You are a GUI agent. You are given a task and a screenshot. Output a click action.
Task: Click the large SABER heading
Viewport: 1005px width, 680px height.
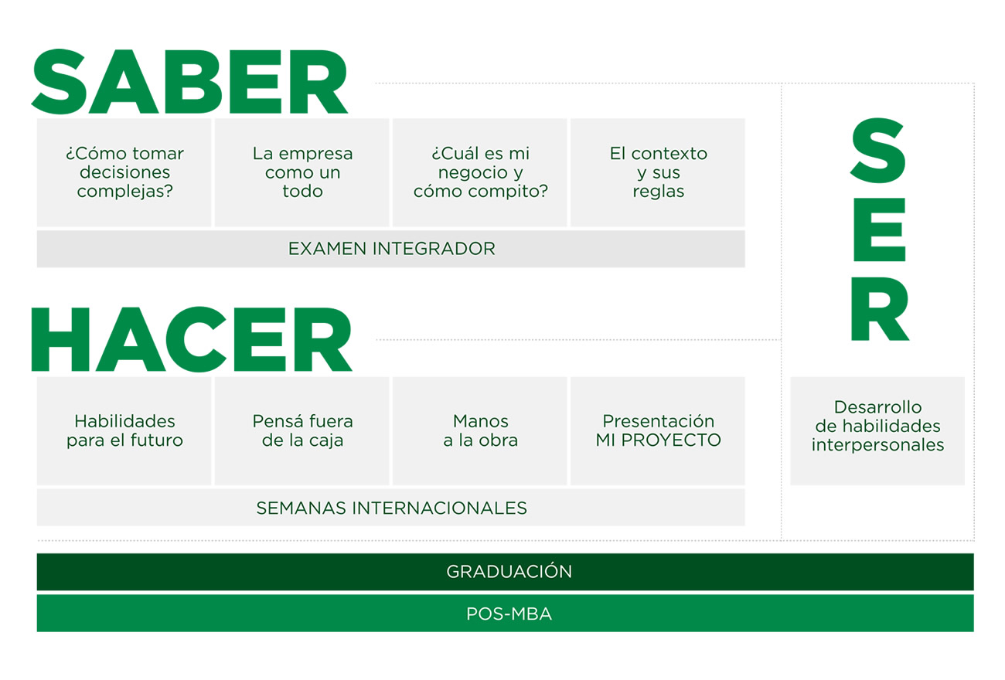click(189, 82)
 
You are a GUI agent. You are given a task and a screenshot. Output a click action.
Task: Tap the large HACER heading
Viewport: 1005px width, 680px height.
click(192, 339)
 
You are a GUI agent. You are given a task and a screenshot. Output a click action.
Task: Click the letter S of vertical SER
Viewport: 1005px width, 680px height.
click(878, 151)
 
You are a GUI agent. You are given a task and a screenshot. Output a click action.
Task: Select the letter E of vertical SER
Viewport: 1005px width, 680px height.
click(880, 229)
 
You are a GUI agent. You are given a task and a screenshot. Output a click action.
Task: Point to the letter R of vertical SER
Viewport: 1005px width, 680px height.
click(881, 308)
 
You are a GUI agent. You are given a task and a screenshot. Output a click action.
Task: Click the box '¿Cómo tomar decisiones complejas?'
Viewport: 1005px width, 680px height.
click(124, 172)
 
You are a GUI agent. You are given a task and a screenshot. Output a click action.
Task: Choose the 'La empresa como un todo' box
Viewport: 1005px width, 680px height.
click(302, 172)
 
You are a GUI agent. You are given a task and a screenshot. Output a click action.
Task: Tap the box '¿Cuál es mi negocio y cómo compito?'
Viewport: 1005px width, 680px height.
click(480, 172)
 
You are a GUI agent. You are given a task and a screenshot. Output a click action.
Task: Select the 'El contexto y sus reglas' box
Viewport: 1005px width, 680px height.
click(658, 172)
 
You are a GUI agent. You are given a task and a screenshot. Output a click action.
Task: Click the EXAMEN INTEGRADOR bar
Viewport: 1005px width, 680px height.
click(390, 249)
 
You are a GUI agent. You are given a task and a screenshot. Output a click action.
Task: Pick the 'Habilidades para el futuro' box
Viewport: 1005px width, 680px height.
click(124, 431)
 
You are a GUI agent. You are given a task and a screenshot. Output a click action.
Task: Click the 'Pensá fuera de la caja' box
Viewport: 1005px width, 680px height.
click(302, 431)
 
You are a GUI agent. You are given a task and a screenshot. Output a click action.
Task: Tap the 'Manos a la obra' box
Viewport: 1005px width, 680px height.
click(480, 431)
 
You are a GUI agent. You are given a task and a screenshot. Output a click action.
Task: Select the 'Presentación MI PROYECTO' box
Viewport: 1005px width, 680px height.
click(658, 431)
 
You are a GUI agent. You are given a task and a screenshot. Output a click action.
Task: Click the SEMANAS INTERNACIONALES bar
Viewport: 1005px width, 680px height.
click(390, 508)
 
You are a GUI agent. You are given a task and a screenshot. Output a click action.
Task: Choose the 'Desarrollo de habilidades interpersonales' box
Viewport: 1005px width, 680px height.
click(877, 431)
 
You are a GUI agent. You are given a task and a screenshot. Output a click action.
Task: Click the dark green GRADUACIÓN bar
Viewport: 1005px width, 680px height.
click(505, 572)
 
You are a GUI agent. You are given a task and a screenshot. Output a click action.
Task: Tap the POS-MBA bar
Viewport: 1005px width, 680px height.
click(505, 614)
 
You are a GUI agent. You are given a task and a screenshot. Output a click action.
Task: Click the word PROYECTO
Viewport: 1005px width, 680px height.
click(671, 440)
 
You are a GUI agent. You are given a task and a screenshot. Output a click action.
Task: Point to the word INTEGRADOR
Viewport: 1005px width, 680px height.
click(434, 249)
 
